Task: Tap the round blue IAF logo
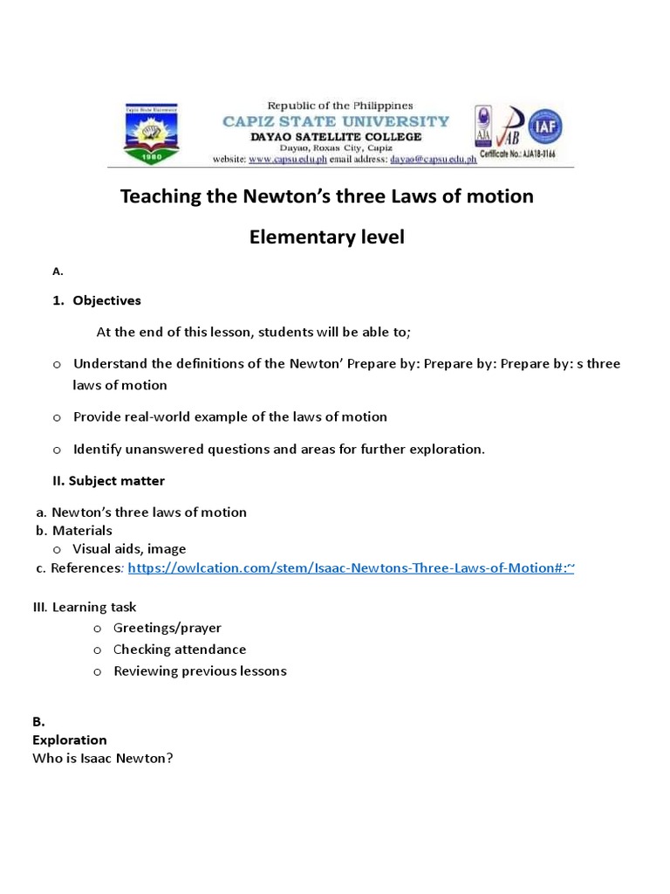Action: point(545,127)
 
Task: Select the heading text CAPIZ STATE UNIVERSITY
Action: point(336,121)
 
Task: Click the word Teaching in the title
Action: point(160,196)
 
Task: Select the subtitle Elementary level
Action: point(326,237)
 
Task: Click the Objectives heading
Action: point(106,300)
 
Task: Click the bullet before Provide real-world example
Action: point(57,417)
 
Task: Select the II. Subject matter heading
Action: point(108,481)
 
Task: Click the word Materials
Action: point(82,530)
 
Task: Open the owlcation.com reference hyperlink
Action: point(351,568)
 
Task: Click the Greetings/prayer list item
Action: point(167,628)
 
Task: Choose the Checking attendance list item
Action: point(180,650)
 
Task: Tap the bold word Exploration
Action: point(70,739)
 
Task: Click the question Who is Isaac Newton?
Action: point(103,758)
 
